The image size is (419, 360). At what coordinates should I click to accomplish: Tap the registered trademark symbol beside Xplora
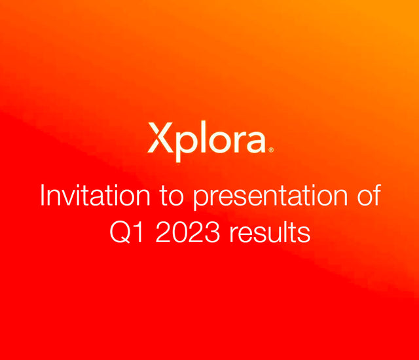[270, 150]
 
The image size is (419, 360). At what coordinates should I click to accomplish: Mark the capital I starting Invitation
[43, 196]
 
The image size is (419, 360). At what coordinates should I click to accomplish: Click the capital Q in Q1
[120, 232]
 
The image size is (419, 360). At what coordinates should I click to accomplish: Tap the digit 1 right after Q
[138, 232]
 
